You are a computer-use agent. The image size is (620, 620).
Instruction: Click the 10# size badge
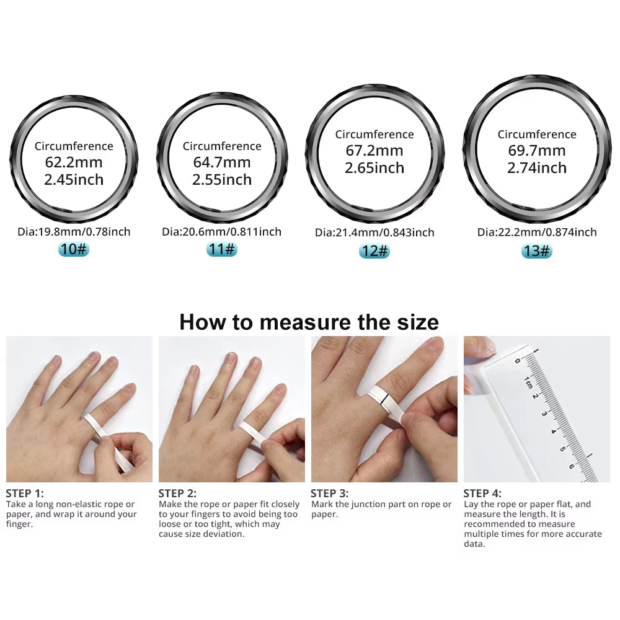click(74, 249)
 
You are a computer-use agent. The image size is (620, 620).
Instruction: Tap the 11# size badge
click(221, 249)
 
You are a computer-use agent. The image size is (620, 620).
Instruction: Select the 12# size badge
click(374, 251)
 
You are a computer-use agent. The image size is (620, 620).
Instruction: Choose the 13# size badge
click(536, 250)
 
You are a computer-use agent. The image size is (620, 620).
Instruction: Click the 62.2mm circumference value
click(74, 163)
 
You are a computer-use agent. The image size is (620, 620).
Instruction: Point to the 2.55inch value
click(222, 180)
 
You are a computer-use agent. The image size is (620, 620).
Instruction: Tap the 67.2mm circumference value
click(374, 151)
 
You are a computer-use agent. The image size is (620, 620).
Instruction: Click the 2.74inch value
click(537, 168)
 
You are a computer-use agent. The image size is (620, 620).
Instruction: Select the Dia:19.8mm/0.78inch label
click(74, 232)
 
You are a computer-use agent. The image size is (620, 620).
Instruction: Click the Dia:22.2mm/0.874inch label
click(537, 232)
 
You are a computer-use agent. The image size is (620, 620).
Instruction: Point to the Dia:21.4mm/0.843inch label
click(374, 233)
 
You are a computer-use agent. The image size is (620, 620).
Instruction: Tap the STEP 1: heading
click(25, 494)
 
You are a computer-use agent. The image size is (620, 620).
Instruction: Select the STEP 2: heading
click(177, 494)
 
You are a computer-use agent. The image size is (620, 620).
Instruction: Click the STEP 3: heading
click(330, 494)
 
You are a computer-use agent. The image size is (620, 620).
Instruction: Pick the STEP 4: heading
click(482, 494)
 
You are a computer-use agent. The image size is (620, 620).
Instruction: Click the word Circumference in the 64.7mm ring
click(222, 146)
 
